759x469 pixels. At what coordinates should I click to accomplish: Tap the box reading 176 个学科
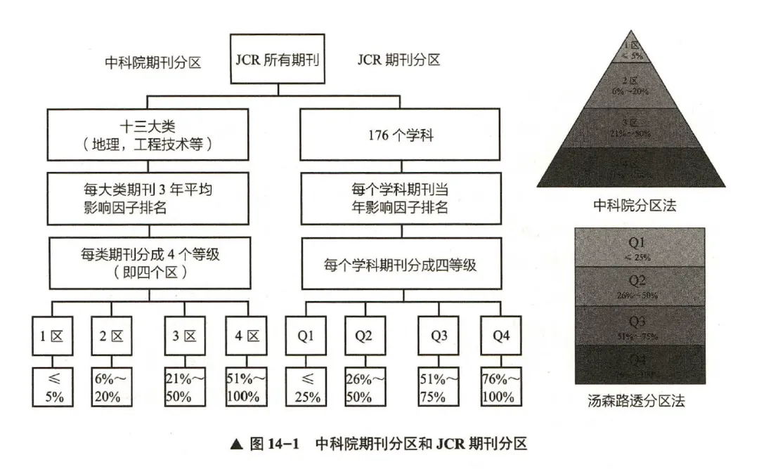point(401,134)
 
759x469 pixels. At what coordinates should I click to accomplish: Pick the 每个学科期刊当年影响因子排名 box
point(401,199)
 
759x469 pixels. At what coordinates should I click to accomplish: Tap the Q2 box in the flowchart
point(363,336)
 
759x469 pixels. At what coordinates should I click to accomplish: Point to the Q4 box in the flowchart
point(500,336)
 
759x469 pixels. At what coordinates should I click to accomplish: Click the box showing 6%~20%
point(111,388)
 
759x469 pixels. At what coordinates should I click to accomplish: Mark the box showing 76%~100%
point(500,388)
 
